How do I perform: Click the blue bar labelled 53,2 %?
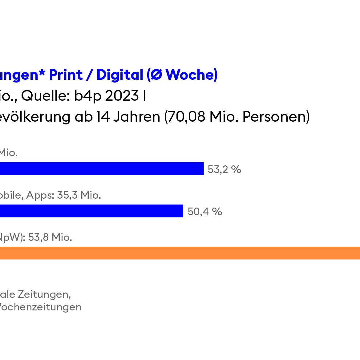coord(102,169)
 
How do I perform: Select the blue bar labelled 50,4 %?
coord(91,211)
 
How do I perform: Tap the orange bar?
coord(180,253)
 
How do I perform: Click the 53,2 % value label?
coord(224,169)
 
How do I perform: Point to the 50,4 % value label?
coord(205,212)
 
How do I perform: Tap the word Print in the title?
coord(66,75)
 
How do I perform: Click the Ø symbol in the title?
coord(156,75)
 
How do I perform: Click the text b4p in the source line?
coord(88,96)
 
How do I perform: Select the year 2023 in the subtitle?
coord(122,96)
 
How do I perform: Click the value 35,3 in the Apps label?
coord(67,195)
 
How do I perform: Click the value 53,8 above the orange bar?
coord(38,237)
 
